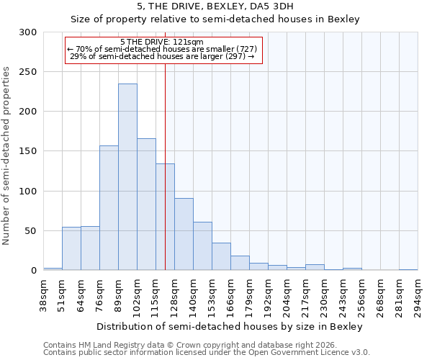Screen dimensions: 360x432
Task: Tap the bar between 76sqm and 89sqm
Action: (x=109, y=208)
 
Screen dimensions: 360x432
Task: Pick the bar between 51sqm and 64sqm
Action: (x=71, y=248)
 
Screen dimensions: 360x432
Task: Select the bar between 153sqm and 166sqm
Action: (x=221, y=256)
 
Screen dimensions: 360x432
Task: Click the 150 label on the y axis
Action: (x=28, y=152)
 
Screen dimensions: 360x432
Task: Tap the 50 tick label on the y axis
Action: (x=31, y=231)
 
